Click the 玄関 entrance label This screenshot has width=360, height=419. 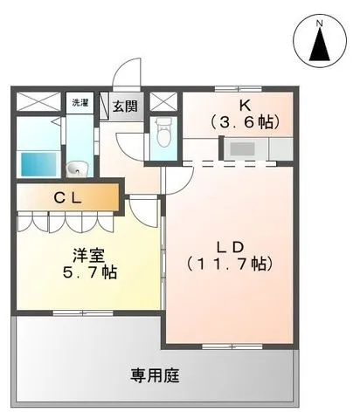125,106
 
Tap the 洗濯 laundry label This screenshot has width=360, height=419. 80,102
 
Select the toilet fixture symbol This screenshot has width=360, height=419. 163,132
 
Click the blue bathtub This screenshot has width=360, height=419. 38,163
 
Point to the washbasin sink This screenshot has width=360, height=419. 77,169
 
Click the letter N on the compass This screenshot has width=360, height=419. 320,23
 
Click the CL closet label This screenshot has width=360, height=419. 68,198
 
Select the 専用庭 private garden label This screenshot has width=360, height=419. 155,375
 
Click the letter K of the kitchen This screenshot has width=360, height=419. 245,106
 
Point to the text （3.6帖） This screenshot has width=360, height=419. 246,122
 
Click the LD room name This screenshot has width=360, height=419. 230,247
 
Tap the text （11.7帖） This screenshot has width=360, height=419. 230,264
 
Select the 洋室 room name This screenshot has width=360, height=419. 88,256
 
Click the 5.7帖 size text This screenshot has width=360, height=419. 90,272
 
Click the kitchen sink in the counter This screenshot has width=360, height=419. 242,149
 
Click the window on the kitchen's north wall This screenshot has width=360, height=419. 239,89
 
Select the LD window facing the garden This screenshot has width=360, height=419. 232,347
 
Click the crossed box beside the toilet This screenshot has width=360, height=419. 163,101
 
